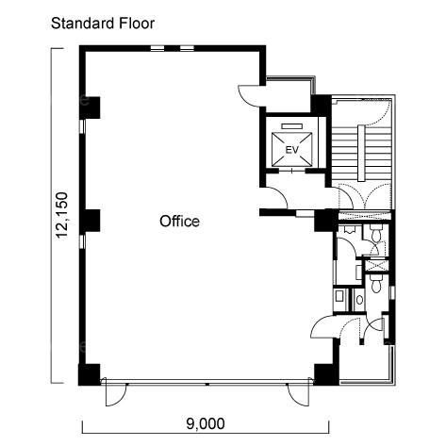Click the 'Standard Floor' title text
coord(103,24)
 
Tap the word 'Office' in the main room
coord(179,222)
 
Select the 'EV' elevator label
coord(291,150)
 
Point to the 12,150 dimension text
coord(60,215)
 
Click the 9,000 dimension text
coord(206,423)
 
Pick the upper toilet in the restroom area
coord(376,234)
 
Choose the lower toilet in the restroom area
coord(375,284)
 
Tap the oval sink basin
coord(359,300)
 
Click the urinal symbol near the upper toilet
coord(349,229)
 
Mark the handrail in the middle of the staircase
coord(362,153)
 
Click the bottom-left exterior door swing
coord(116,395)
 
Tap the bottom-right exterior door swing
coord(299,395)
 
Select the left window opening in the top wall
coord(157,48)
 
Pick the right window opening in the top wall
coord(187,48)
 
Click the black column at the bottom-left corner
coord(90,374)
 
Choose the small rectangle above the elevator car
coord(291,126)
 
